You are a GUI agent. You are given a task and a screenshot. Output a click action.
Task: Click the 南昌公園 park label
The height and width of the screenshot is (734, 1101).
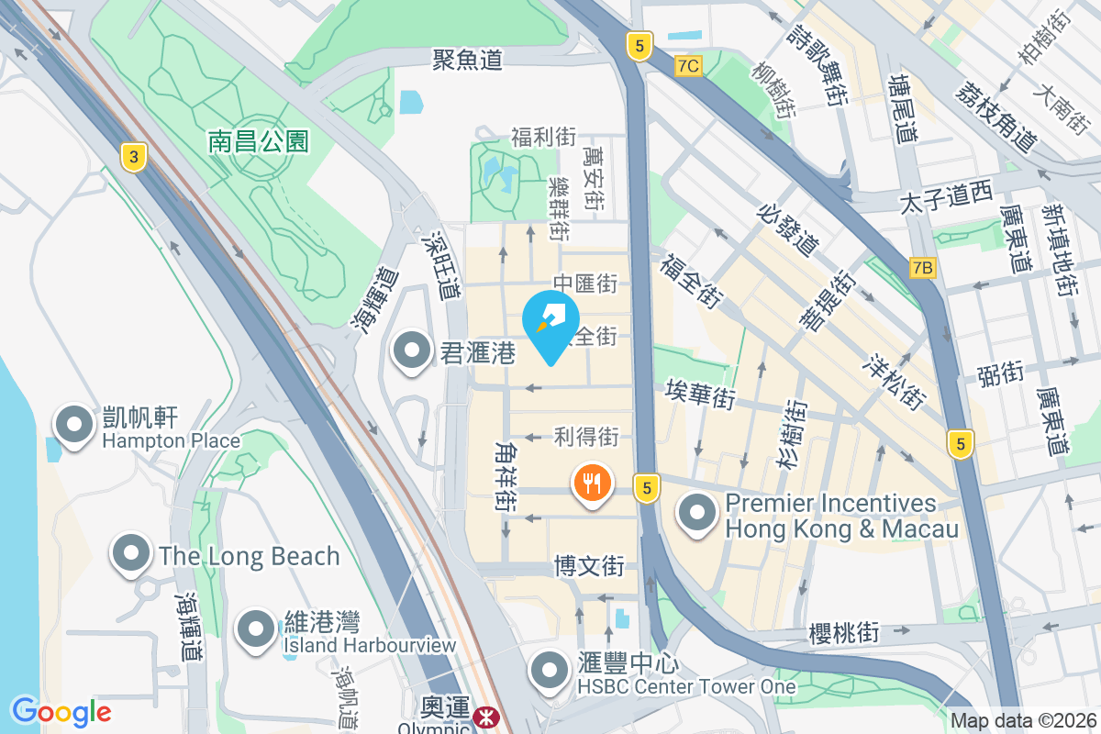pos(259,140)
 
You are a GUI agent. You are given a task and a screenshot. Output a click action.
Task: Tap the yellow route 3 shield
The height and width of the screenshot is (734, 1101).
pos(134,158)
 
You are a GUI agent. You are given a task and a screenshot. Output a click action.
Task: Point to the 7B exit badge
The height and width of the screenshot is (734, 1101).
pos(924,268)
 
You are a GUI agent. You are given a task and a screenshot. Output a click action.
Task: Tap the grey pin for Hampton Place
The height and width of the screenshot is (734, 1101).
pos(74,425)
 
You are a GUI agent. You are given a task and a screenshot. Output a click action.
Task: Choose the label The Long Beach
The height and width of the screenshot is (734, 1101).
pos(249,556)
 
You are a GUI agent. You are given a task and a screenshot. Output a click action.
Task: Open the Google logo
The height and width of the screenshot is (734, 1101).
pos(61,711)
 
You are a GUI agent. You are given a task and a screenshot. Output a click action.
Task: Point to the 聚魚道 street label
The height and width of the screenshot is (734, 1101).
pos(468,61)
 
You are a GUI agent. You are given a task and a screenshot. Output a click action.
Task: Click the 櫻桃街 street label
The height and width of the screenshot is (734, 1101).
pos(844,633)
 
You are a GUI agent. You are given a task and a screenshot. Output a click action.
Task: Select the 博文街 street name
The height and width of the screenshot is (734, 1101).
pos(589,566)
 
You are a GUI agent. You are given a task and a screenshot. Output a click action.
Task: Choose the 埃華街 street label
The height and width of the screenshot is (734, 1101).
pos(700,397)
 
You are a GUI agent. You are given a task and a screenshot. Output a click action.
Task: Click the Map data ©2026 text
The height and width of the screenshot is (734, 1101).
pos(1023,721)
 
